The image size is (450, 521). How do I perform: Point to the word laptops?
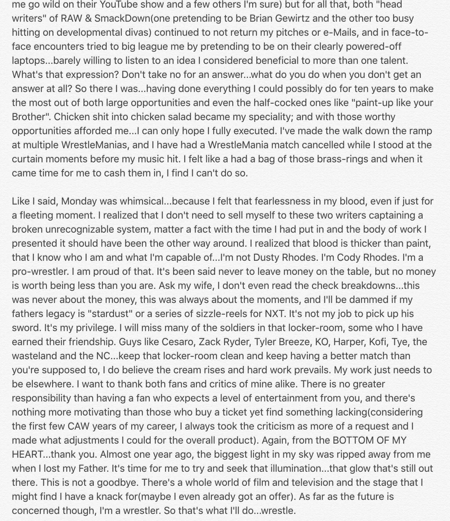[x=29, y=60]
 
